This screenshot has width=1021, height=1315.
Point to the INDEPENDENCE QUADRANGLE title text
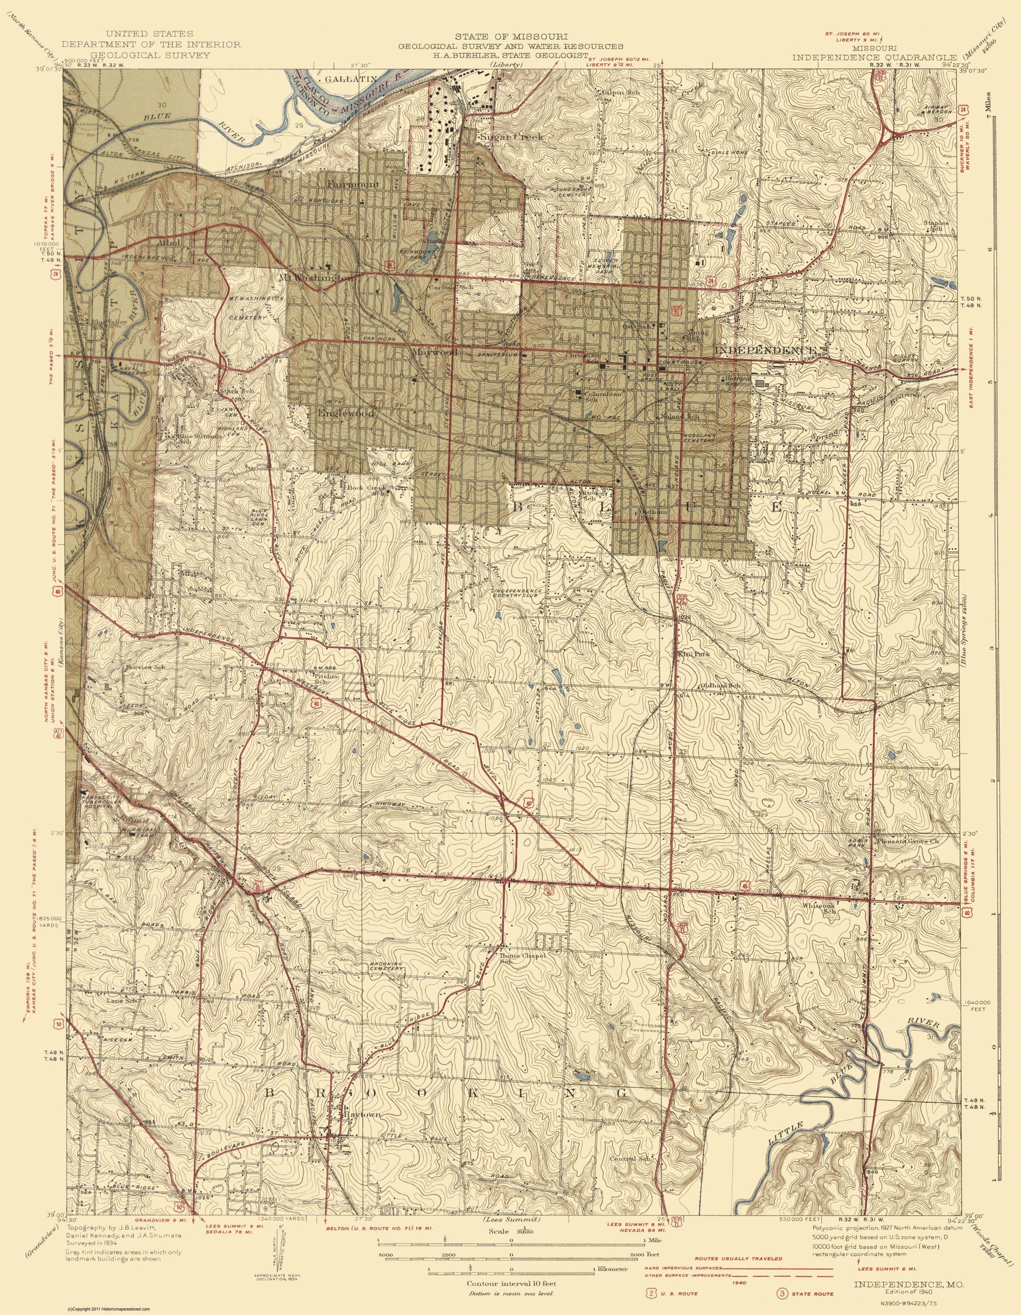(x=870, y=57)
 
